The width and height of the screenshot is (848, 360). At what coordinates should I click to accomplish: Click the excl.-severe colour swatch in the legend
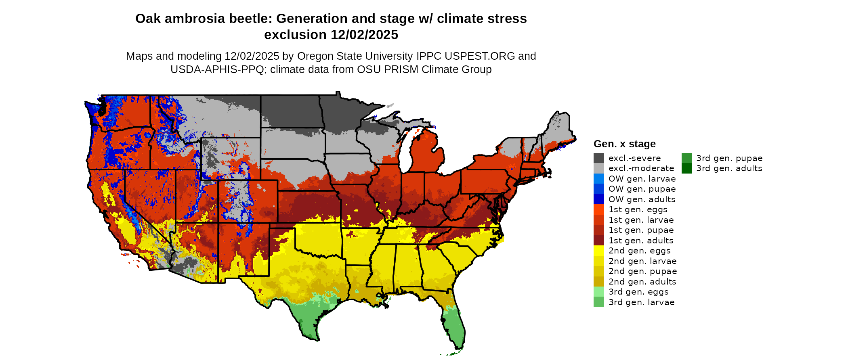tap(598, 158)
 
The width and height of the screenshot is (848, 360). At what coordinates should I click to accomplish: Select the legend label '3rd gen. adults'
tap(729, 168)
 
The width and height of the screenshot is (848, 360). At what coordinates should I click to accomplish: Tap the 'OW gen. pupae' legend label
tap(642, 189)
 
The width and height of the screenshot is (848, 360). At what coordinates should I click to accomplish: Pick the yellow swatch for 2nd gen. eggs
tap(598, 251)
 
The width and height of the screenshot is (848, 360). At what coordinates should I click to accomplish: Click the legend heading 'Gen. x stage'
tap(624, 144)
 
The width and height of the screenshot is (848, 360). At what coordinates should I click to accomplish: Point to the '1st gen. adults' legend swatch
tap(598, 241)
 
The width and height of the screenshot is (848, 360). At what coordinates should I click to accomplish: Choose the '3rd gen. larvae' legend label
tap(641, 302)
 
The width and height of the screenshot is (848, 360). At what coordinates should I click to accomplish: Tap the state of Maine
tap(559, 129)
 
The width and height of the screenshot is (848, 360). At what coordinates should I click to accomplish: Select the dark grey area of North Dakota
tap(291, 111)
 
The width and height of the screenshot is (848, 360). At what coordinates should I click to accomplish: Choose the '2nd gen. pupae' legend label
tap(642, 271)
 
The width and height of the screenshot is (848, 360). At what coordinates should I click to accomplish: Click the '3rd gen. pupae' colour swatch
tap(686, 158)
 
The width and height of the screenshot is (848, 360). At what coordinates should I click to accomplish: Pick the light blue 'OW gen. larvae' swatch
tap(598, 179)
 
